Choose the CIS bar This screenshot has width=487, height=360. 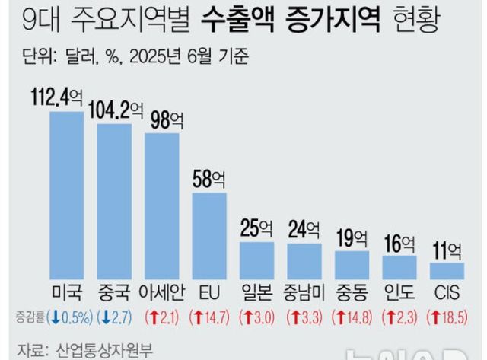click(x=447, y=272)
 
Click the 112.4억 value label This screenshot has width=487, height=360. click(x=60, y=97)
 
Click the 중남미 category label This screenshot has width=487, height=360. click(x=304, y=294)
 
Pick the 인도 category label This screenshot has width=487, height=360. click(x=399, y=294)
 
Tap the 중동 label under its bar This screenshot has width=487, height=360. click(x=351, y=294)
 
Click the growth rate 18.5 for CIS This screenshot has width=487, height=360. click(x=450, y=317)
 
